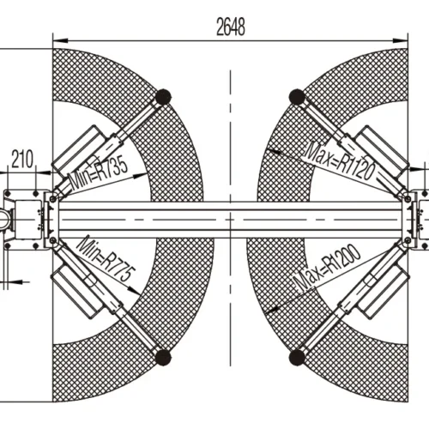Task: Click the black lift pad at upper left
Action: tap(162, 95)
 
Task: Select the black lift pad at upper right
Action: tap(297, 95)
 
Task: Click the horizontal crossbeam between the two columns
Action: tap(230, 218)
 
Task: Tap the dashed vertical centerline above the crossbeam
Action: tap(230, 129)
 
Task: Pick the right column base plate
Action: tap(418, 219)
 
